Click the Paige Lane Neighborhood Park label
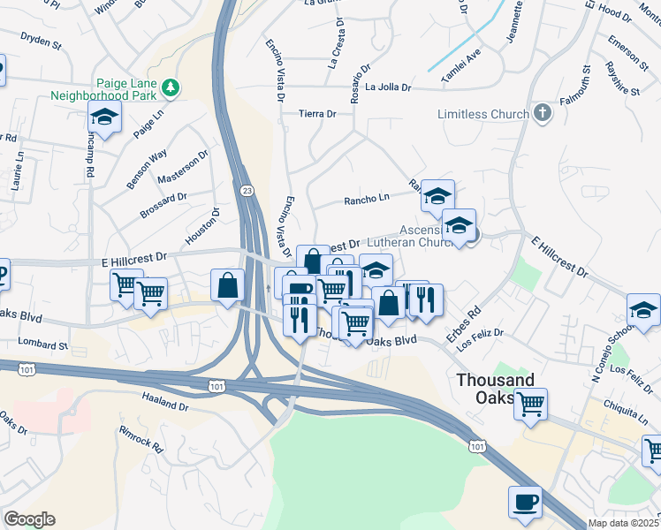[x=102, y=87]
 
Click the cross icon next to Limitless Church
[x=542, y=113]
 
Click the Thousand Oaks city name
[x=495, y=389]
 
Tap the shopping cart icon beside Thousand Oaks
[x=531, y=405]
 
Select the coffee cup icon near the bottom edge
[x=525, y=501]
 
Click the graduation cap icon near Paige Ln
[x=104, y=117]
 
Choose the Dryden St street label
[x=41, y=41]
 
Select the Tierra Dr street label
[x=318, y=114]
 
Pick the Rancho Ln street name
[x=368, y=199]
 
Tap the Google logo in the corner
[x=29, y=519]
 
